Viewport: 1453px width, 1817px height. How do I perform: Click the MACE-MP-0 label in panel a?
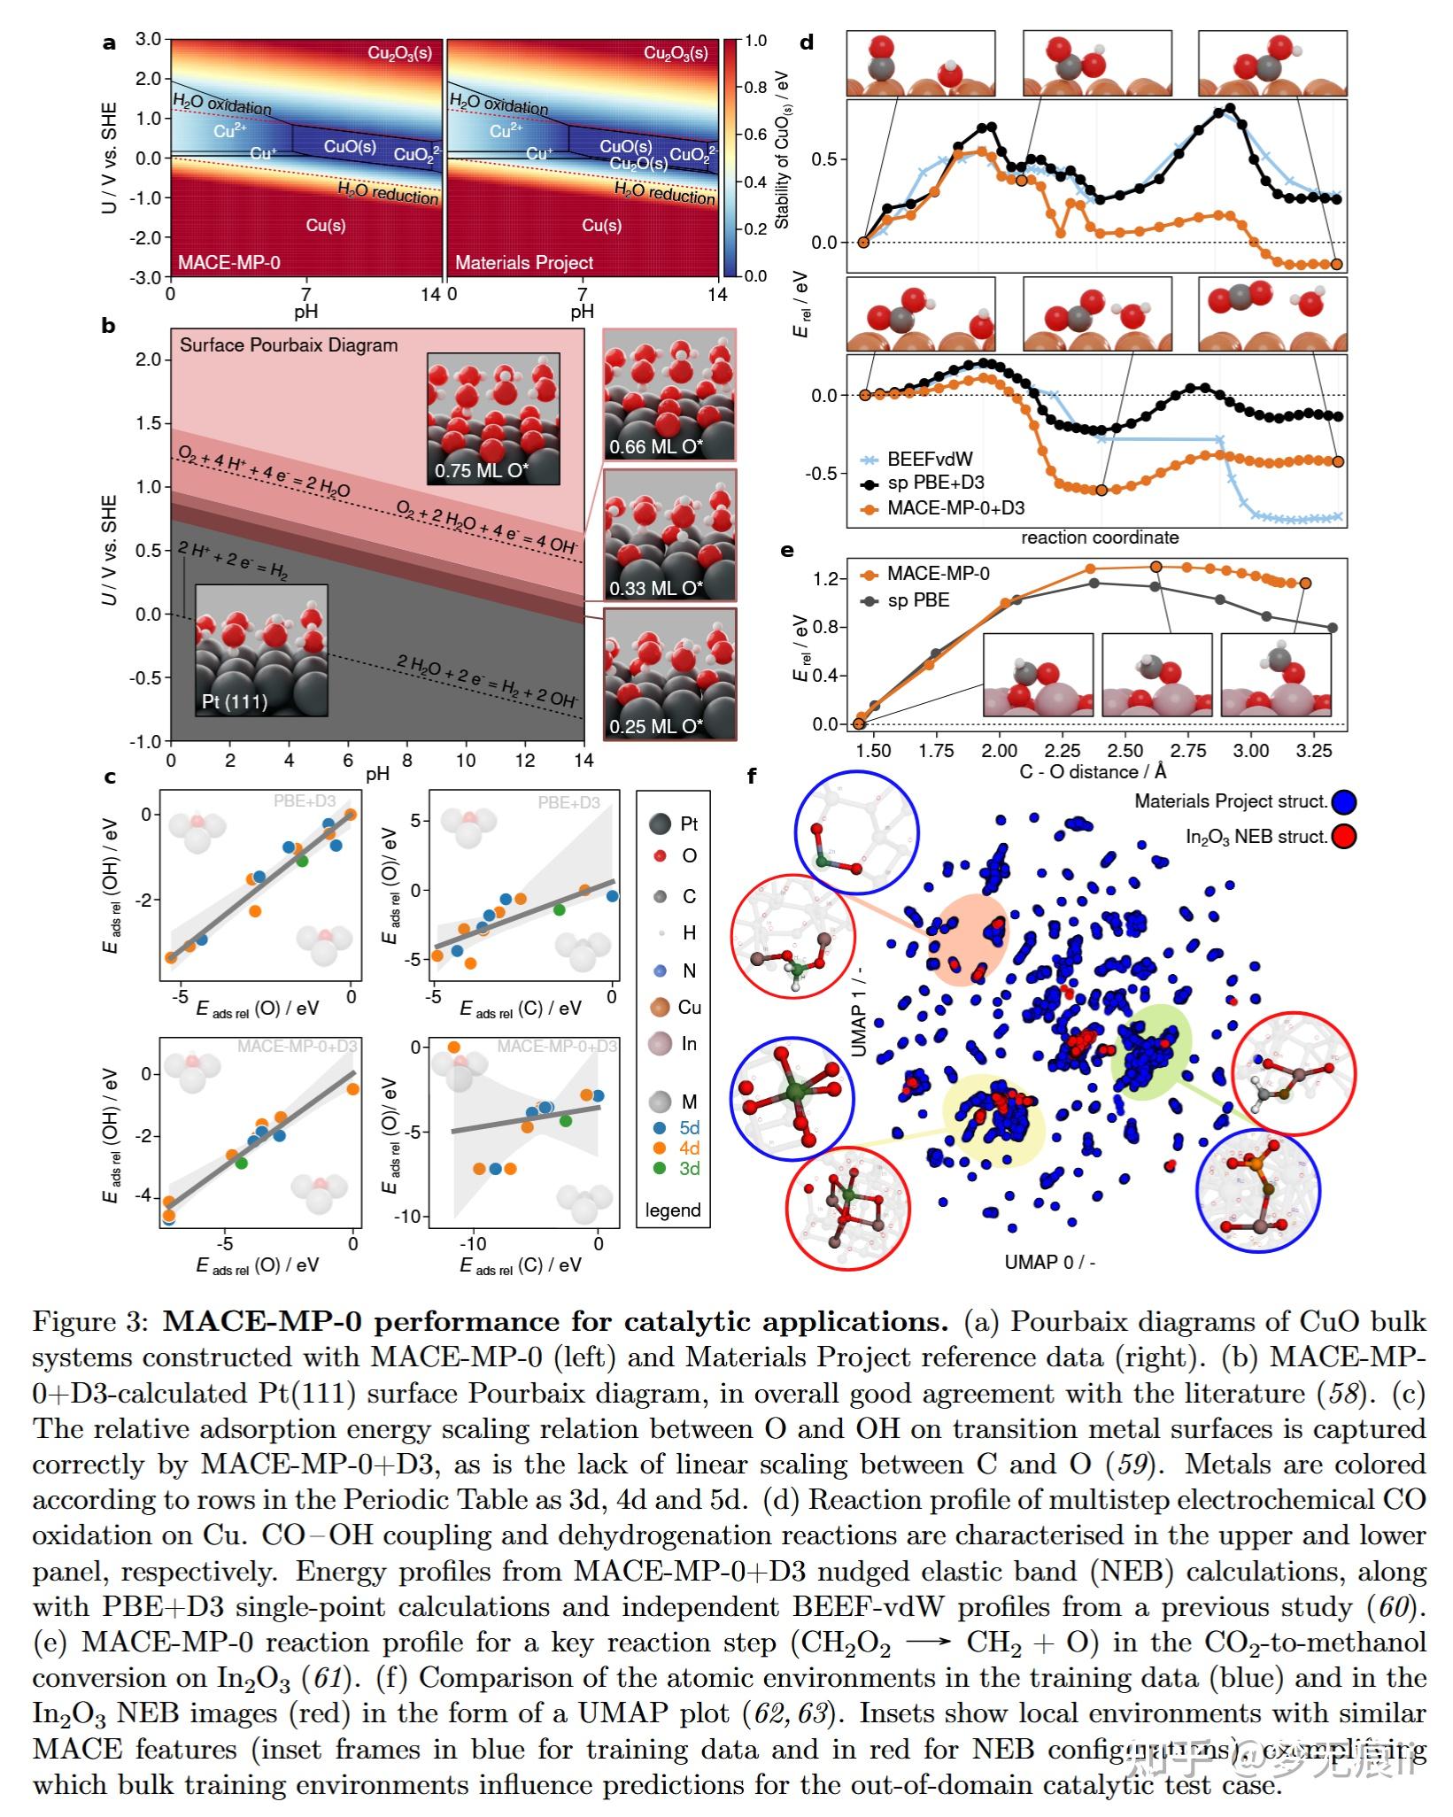pos(229,263)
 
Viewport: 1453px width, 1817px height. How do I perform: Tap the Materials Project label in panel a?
pos(524,263)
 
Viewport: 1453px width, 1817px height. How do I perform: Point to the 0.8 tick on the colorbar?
pos(755,88)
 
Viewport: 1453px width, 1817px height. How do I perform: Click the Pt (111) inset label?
pos(235,702)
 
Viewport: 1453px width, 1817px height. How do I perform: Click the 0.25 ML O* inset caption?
pos(656,727)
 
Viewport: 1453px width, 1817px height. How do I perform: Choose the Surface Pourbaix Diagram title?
pos(289,345)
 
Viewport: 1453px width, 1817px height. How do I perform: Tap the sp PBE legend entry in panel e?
pos(918,600)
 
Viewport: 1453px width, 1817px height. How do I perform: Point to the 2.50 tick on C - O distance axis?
pos(1125,751)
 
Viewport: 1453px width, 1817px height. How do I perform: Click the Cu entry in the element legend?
pos(689,1008)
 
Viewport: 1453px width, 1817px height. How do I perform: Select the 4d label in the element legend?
pos(689,1148)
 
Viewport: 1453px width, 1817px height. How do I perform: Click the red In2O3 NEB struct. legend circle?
pos(1344,837)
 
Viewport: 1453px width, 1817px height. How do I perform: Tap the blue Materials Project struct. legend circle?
pos(1344,802)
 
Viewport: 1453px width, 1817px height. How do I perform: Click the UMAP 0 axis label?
pos(1049,1262)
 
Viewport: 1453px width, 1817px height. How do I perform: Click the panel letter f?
pos(752,777)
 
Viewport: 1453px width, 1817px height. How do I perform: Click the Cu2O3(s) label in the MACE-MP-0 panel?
pos(399,53)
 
